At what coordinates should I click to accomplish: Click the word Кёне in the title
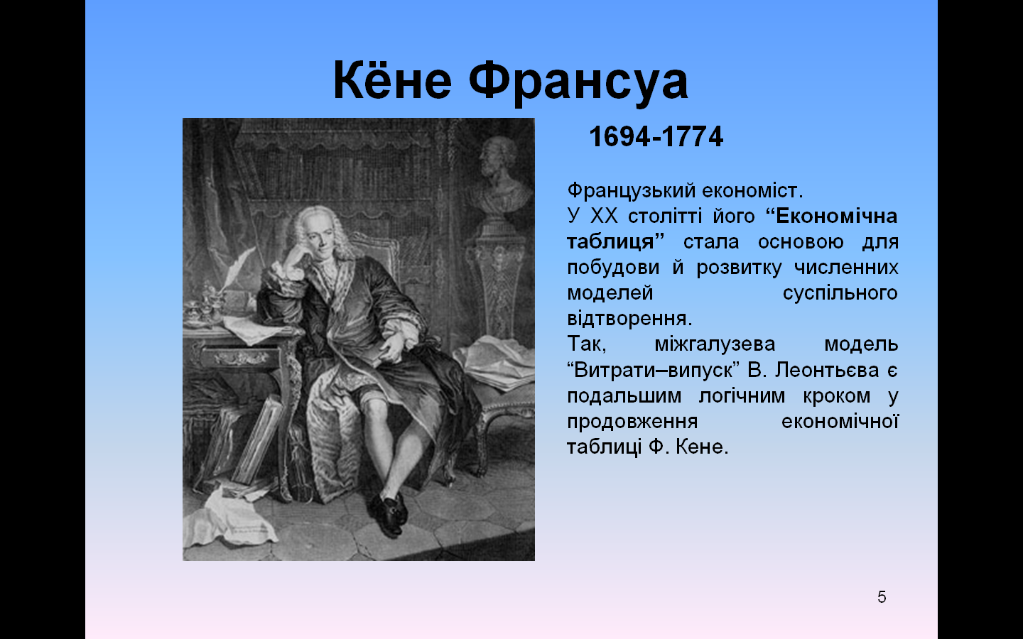click(x=392, y=80)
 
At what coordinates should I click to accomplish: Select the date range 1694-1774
click(x=656, y=136)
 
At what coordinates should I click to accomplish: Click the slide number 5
click(x=882, y=597)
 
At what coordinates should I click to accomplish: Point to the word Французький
click(x=632, y=191)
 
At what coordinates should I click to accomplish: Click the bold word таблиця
click(x=615, y=242)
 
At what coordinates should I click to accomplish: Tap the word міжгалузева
click(x=715, y=344)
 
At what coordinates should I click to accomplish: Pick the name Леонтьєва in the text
click(x=827, y=370)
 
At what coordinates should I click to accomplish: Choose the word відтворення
click(x=629, y=319)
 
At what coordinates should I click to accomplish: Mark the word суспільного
click(x=840, y=293)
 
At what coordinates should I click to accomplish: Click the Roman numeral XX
click(x=604, y=217)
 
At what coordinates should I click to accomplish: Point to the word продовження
click(x=632, y=422)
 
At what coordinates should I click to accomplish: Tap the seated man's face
click(x=318, y=239)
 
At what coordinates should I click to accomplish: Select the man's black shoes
click(x=389, y=513)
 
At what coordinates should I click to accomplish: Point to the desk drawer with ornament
click(x=240, y=357)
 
